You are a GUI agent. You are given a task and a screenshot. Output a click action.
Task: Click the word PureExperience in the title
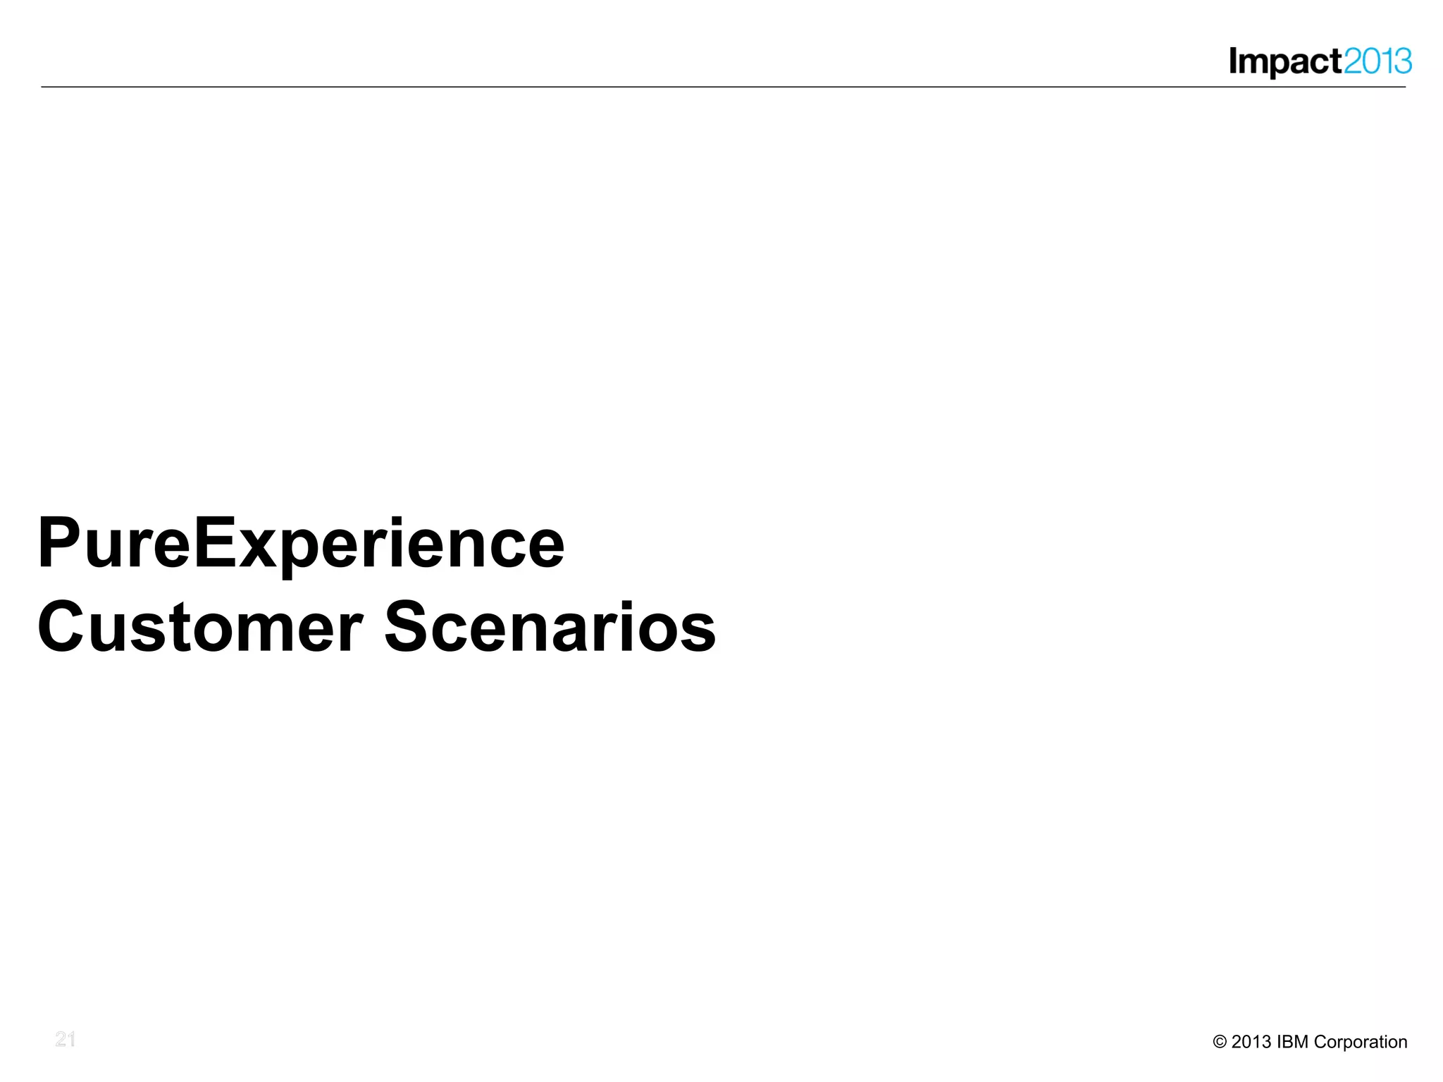tap(301, 544)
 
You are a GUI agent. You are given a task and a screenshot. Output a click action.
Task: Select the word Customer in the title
tap(200, 628)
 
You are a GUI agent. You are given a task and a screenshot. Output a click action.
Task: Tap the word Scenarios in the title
tap(550, 628)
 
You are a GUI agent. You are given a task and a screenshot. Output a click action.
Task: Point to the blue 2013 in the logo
tap(1377, 62)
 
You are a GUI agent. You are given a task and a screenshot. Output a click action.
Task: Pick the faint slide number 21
tap(66, 1039)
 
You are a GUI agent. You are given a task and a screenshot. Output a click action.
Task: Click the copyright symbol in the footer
tap(1220, 1042)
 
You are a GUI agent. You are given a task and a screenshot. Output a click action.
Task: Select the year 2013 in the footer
tap(1251, 1042)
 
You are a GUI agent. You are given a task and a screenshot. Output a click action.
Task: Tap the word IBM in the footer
tap(1293, 1042)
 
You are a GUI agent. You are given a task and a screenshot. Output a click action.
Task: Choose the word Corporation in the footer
tap(1361, 1042)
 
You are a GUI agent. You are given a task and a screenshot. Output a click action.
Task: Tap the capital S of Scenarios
tap(408, 628)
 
